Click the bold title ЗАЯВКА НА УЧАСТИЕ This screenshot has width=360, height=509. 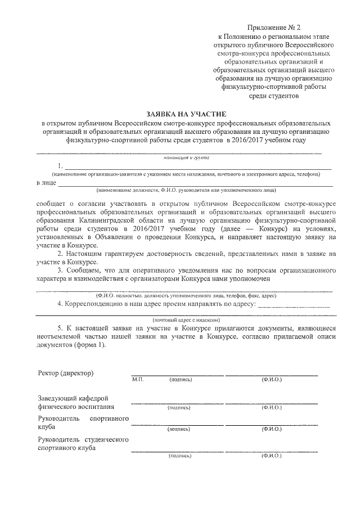coord(179,113)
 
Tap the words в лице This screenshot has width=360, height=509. coord(46,183)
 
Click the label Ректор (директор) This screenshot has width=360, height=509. coord(66,373)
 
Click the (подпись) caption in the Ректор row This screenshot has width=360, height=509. coord(180,380)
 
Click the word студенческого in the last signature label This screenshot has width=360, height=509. coord(107,439)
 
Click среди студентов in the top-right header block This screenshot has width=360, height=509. coord(274,96)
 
